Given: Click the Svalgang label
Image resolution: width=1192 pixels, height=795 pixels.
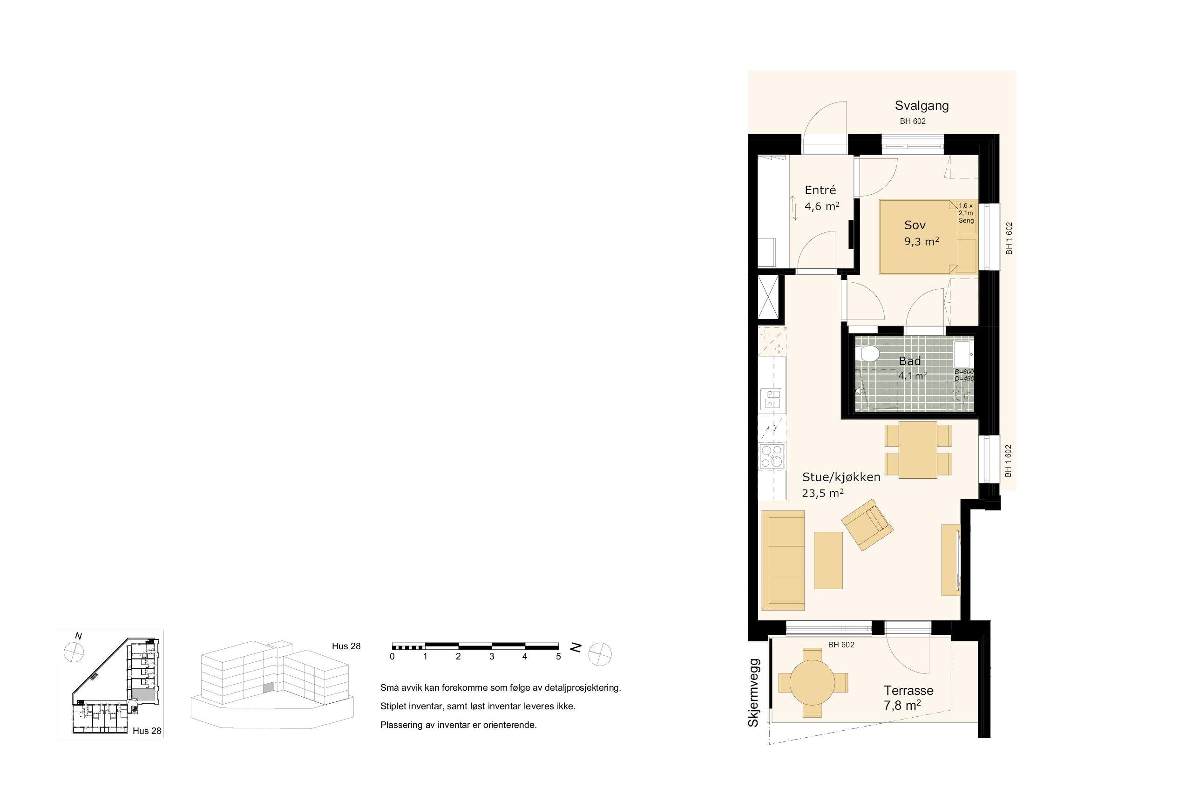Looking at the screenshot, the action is pyautogui.click(x=921, y=106).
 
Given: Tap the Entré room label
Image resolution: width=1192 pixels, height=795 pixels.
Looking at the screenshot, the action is pyautogui.click(x=820, y=190).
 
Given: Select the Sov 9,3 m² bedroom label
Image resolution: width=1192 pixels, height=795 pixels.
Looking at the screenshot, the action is pyautogui.click(x=921, y=233).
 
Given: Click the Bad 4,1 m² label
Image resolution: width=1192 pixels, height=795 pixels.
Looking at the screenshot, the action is pyautogui.click(x=912, y=368).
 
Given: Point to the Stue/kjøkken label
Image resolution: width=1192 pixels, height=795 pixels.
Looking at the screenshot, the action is pyautogui.click(x=841, y=477).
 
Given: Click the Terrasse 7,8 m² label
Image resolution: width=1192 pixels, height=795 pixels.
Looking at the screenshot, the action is pyautogui.click(x=908, y=697).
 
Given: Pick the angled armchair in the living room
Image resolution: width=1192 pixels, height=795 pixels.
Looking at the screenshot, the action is pyautogui.click(x=867, y=524).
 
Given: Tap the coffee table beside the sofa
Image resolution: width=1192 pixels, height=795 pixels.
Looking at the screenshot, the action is pyautogui.click(x=828, y=560).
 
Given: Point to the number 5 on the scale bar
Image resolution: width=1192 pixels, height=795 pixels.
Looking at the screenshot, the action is pyautogui.click(x=558, y=656).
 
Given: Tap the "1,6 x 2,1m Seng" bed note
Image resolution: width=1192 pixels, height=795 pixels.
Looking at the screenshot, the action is pyautogui.click(x=966, y=213).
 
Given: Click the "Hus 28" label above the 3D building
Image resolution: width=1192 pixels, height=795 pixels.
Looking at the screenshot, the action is pyautogui.click(x=346, y=646).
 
